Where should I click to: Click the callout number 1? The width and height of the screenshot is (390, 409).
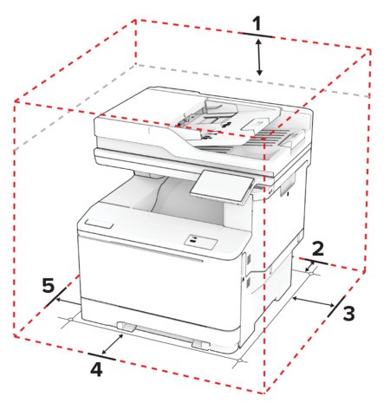(x=257, y=23)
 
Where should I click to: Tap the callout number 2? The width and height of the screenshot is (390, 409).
(x=318, y=249)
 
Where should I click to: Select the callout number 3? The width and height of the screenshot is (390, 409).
(x=348, y=313)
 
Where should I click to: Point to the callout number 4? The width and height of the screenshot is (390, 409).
(x=96, y=369)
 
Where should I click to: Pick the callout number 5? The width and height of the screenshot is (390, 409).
(x=49, y=285)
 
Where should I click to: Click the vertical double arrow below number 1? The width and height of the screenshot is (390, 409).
(x=259, y=57)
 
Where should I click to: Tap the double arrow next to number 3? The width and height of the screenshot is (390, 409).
(x=314, y=302)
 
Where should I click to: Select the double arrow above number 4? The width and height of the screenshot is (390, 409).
(x=113, y=344)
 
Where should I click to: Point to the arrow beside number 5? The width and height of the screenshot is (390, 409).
(x=68, y=302)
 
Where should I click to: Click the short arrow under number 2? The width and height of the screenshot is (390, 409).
(x=309, y=266)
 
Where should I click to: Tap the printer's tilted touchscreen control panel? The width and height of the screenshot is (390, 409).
(x=222, y=186)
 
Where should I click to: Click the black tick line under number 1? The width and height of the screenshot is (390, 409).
(x=257, y=36)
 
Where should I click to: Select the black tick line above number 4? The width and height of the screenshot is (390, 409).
(x=102, y=356)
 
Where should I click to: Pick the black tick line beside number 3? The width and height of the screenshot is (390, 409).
(x=336, y=306)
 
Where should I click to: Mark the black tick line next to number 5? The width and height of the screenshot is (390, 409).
(x=55, y=297)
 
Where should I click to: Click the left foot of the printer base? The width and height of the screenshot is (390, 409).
(x=127, y=326)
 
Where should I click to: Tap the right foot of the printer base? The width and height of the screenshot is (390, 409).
(x=201, y=344)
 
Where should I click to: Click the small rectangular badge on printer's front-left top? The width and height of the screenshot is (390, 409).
(x=99, y=224)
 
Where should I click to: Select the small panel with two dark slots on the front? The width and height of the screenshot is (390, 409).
(x=201, y=241)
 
